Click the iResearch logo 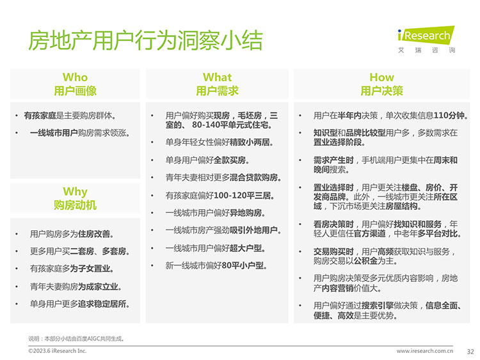[x=426, y=40]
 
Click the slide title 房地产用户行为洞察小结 [x=145, y=40]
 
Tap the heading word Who [x=75, y=77]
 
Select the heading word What [x=217, y=77]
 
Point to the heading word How [x=381, y=77]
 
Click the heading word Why [x=75, y=192]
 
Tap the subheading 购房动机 [x=75, y=205]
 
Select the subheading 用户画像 [x=75, y=91]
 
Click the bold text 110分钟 [x=451, y=116]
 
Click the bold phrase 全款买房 [x=231, y=160]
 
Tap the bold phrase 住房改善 [x=95, y=234]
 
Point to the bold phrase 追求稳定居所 [x=104, y=304]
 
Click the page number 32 [x=470, y=352]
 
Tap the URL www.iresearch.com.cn [x=424, y=351]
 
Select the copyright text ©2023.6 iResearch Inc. [x=57, y=351]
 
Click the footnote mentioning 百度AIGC [x=76, y=339]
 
